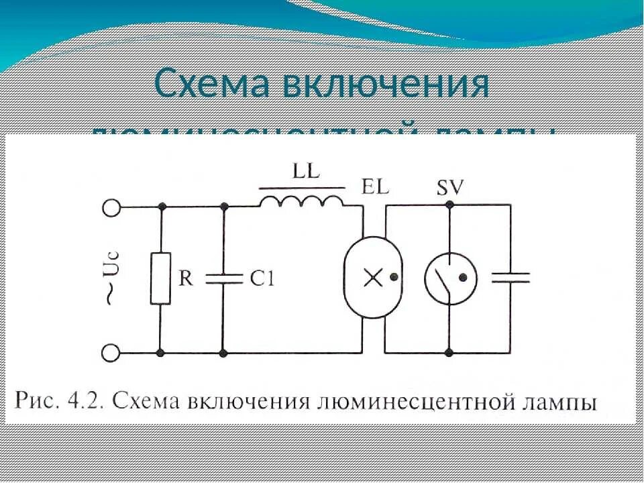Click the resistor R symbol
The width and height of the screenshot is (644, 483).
pyautogui.click(x=160, y=279)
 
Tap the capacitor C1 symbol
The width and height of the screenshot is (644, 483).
pyautogui.click(x=223, y=279)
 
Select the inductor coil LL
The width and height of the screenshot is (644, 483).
pyautogui.click(x=301, y=199)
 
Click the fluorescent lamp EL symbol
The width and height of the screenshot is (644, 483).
pyautogui.click(x=370, y=276)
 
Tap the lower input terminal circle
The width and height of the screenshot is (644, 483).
pyautogui.click(x=111, y=352)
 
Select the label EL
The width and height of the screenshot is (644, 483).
pyautogui.click(x=375, y=187)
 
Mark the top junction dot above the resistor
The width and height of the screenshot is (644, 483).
pyautogui.click(x=160, y=207)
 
